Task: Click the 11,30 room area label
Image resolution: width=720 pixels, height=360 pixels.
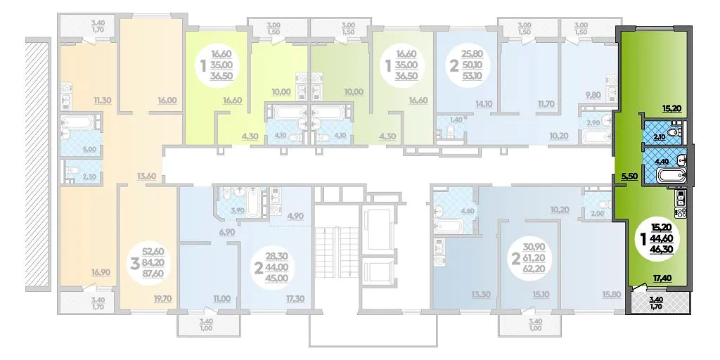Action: point(103,100)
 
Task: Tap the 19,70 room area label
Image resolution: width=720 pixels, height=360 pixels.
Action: point(163,298)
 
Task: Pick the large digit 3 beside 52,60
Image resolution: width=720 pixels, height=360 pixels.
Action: point(135,265)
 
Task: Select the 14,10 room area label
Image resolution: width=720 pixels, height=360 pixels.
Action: point(484,104)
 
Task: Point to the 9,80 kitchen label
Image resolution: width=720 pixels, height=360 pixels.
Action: point(593,96)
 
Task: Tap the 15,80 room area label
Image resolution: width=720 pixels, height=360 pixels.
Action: point(611,295)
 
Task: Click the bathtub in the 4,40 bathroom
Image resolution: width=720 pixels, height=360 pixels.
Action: point(671,176)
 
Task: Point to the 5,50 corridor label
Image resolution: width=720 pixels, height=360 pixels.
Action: point(629,176)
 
